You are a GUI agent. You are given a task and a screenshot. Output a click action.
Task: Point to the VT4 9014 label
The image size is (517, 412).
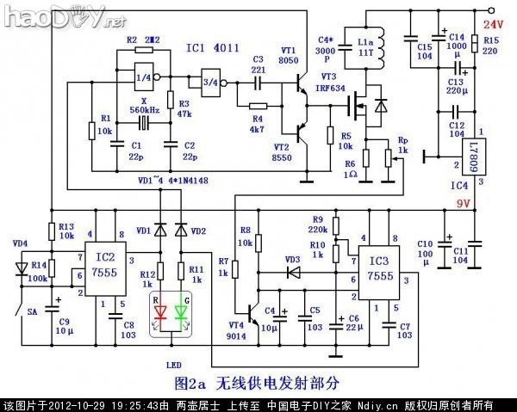pos(236,330)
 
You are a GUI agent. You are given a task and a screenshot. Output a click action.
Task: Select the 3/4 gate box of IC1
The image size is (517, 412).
pos(210,82)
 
